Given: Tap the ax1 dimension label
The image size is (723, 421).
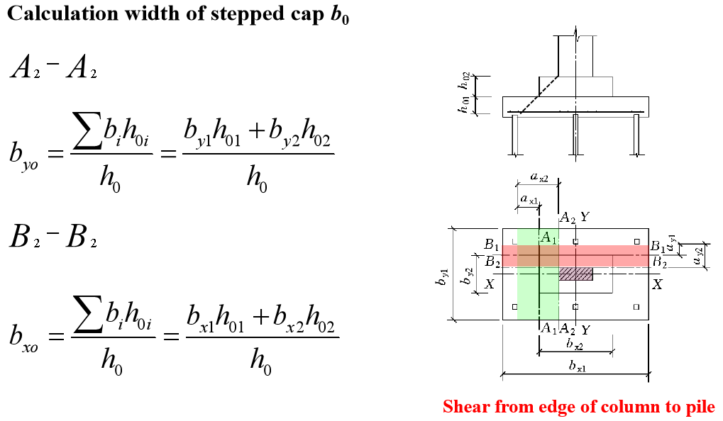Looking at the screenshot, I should point(529,200).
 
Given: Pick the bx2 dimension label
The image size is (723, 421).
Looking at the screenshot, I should point(575,344).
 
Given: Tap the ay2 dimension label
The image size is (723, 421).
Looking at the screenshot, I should point(699,256).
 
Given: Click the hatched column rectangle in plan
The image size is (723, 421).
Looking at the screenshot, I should point(575,274).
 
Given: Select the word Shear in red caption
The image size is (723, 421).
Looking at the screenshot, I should point(468,407).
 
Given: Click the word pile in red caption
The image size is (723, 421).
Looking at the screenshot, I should point(698,407).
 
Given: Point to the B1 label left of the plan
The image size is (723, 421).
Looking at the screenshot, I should point(491,245).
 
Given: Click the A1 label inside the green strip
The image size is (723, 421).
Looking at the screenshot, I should point(548,237).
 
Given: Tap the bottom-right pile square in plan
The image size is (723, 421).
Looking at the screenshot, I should point(636,307).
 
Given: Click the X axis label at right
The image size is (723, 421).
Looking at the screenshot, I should point(657,284).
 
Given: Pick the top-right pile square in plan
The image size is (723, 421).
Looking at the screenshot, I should point(636,242).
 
